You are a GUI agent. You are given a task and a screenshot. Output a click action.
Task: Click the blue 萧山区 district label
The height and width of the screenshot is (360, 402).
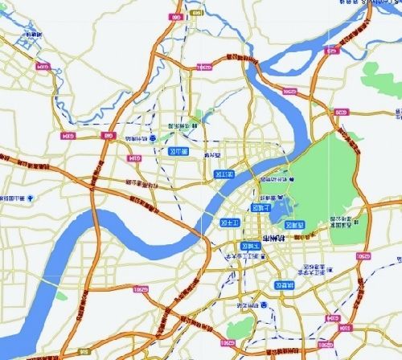coord(173,150)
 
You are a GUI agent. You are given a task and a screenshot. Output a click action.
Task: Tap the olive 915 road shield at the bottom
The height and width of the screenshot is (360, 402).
coord(83,352)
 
